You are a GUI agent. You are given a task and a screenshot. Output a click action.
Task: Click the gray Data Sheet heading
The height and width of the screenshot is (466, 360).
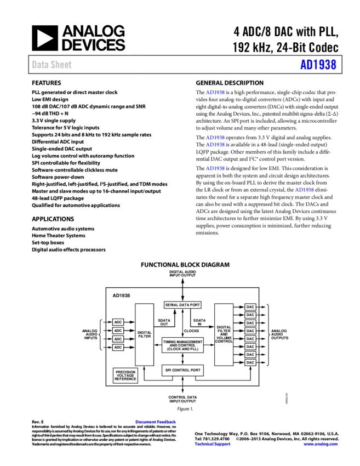coord(52,65)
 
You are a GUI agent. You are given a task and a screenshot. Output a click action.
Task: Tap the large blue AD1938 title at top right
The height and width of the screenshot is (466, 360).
coord(318,65)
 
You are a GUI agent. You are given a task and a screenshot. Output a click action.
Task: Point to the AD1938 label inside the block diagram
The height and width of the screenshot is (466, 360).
coord(121,295)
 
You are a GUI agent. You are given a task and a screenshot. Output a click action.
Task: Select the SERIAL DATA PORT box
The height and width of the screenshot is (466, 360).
coord(182,305)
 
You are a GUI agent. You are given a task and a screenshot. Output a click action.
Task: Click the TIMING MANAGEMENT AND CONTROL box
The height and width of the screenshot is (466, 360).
coord(182,345)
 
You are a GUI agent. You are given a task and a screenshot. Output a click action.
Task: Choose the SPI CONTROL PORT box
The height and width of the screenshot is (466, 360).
coord(182,371)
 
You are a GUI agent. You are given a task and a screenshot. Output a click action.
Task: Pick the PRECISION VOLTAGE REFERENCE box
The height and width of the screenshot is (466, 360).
coord(125,376)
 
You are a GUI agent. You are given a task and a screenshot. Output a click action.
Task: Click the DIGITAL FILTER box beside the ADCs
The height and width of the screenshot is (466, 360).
coord(145,334)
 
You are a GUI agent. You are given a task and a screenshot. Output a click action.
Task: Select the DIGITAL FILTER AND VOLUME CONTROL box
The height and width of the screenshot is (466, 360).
coord(224,334)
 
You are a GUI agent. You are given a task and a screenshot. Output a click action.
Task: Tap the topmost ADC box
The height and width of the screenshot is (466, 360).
coord(118,322)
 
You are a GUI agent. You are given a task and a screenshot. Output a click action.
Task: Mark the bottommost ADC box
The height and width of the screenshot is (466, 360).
coord(118,347)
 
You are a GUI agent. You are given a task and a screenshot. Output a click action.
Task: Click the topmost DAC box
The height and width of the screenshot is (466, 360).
coord(250,307)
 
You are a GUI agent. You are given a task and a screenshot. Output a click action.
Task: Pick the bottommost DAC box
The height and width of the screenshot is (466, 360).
coord(250,362)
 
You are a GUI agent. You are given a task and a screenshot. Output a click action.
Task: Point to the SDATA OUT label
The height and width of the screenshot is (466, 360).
coord(164,322)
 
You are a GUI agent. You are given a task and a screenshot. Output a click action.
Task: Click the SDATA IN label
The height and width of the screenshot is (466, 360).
coord(199,322)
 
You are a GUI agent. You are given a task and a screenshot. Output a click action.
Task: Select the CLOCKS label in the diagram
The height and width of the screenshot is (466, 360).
coord(191,331)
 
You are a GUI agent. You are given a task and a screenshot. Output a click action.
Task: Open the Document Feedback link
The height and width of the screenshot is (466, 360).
coord(156,422)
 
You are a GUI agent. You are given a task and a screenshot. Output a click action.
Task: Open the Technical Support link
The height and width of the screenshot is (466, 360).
coord(213,444)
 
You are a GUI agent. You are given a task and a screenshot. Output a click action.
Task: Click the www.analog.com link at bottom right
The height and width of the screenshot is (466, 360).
coord(321,444)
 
